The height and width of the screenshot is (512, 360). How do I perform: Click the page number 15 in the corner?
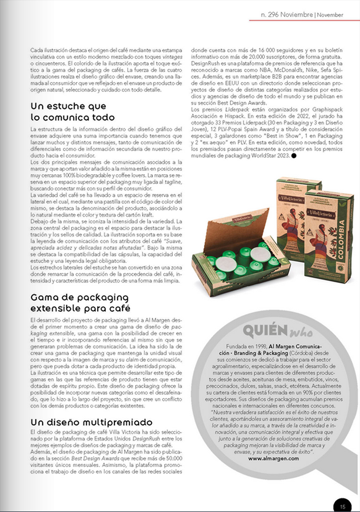tap(343, 507)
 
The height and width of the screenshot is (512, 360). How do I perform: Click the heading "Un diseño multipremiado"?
tap(91, 422)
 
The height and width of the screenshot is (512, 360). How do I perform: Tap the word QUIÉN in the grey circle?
tap(265, 331)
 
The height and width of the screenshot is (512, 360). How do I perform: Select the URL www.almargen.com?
tap(273, 458)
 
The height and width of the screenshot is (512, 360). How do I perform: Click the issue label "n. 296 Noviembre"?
tap(287, 15)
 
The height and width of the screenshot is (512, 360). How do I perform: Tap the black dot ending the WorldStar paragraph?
tap(294, 156)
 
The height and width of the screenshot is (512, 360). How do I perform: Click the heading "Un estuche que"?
tap(68, 106)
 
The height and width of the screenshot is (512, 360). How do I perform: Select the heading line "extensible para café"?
tap(80, 309)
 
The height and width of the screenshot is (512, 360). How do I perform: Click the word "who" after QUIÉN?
tap(301, 332)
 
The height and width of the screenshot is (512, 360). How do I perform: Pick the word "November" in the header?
tap(330, 15)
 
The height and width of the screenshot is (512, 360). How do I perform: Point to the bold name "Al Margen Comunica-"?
tap(295, 346)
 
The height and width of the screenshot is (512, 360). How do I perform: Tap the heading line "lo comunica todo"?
tap(72, 117)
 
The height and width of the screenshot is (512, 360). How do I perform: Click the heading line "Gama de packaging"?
tap(79, 298)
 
